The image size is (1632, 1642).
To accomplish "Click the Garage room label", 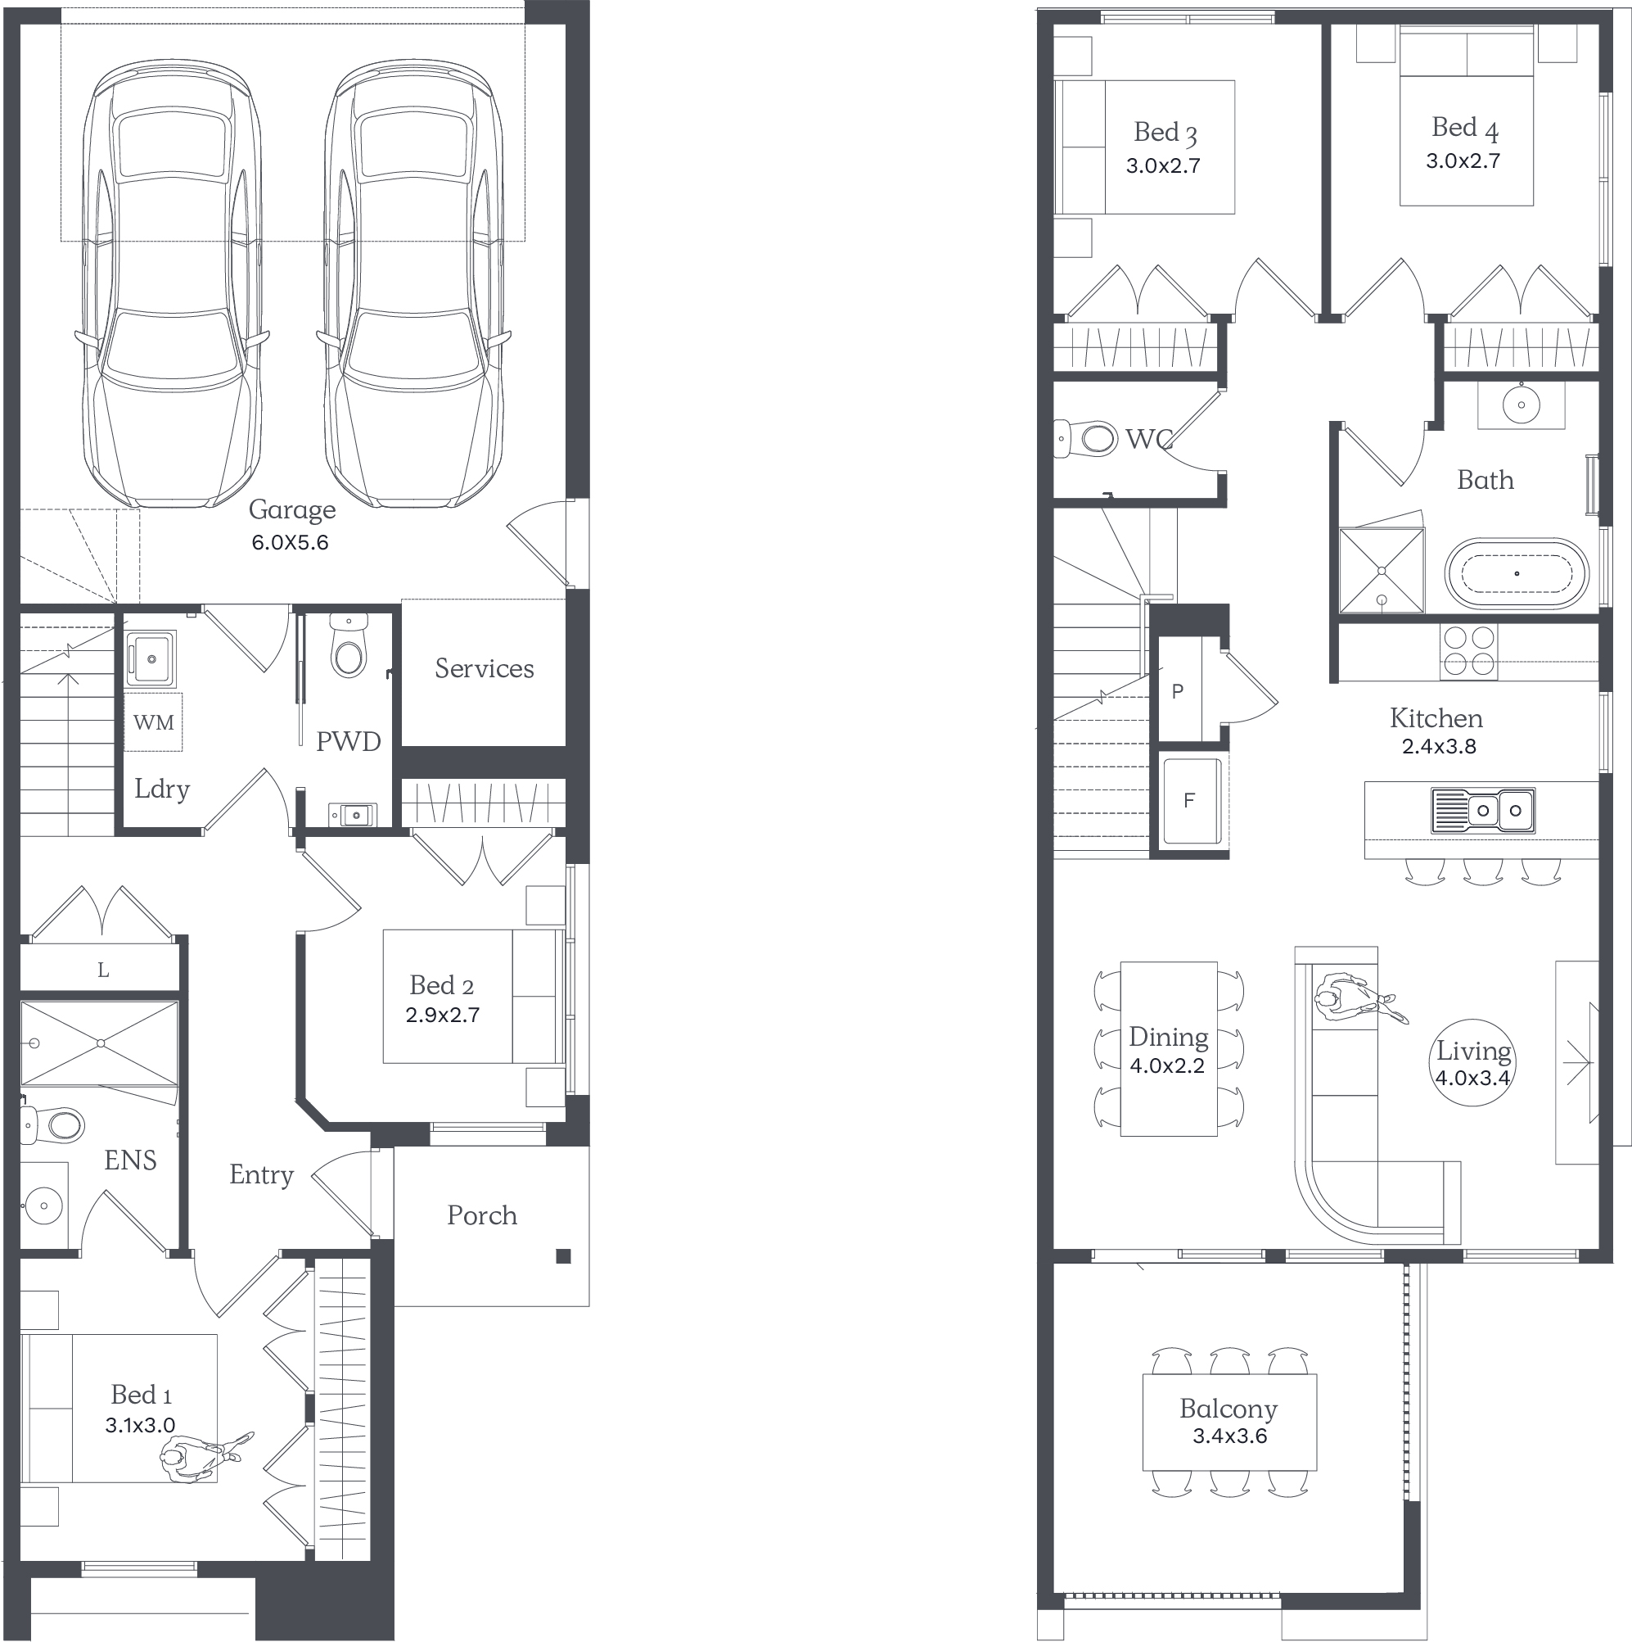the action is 291,509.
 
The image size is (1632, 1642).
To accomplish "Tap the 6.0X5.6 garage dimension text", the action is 290,542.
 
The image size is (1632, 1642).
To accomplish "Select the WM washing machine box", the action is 153,722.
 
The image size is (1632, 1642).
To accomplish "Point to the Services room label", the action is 485,668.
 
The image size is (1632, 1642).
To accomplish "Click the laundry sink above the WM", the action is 151,658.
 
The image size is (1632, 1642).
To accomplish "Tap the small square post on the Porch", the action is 563,1256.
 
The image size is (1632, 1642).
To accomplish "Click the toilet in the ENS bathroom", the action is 52,1125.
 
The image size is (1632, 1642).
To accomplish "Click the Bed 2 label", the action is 442,985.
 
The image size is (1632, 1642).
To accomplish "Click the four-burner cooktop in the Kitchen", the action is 1469,652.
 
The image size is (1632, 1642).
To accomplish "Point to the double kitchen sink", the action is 1483,810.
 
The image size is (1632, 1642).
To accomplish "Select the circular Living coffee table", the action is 1473,1062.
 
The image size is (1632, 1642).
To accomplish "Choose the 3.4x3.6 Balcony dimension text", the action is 1230,1436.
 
